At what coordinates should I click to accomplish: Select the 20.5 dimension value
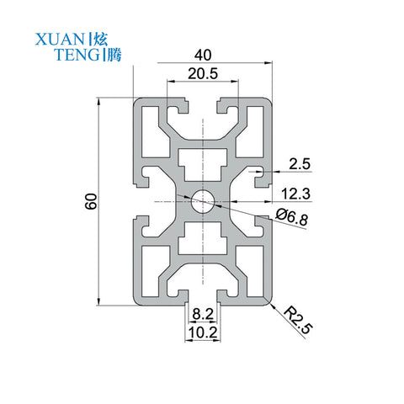tap(203, 73)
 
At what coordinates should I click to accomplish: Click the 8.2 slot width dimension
tap(203, 315)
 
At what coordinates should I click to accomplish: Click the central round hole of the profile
tap(203, 201)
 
